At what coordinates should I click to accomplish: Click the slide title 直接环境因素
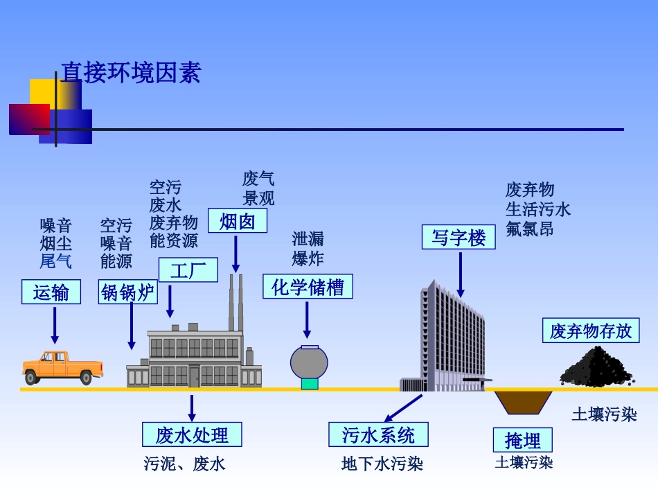[x=131, y=73]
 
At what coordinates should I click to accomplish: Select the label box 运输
[x=51, y=292]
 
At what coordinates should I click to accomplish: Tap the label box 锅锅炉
[x=128, y=292]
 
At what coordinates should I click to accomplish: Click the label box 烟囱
[x=238, y=221]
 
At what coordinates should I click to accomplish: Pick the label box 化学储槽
[x=308, y=286]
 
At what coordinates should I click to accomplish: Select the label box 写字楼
[x=459, y=237]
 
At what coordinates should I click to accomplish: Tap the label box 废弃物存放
[x=591, y=330]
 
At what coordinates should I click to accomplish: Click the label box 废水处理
[x=192, y=434]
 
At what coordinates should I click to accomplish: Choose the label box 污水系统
[x=378, y=434]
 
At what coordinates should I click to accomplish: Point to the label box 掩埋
[x=523, y=440]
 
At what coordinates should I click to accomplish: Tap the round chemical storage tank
[x=309, y=363]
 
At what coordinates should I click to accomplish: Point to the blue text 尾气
[x=55, y=261]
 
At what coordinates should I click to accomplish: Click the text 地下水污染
[x=382, y=464]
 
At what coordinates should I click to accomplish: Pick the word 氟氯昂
[x=529, y=229]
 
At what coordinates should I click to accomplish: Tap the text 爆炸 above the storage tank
[x=308, y=258]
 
